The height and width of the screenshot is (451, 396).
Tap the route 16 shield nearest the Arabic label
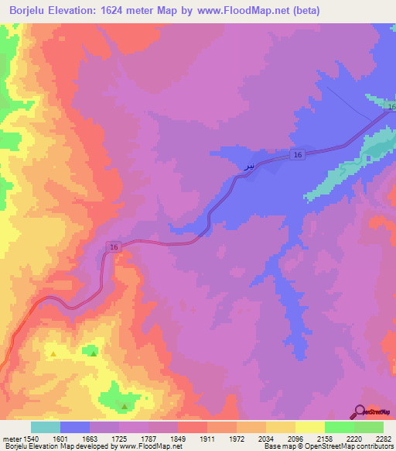click(297, 156)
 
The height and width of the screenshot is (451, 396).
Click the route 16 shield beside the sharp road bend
click(114, 246)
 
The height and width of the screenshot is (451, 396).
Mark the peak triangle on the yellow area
click(53, 354)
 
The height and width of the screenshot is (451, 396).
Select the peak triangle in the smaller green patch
click(94, 353)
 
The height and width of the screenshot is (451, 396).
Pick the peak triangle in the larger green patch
click(125, 405)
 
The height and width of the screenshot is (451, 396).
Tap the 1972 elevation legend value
click(237, 439)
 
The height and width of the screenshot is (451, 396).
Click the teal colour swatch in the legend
click(46, 427)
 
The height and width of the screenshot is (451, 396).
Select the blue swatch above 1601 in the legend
click(75, 427)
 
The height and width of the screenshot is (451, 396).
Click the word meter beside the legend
click(12, 439)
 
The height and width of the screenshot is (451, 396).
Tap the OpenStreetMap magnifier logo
click(360, 412)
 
